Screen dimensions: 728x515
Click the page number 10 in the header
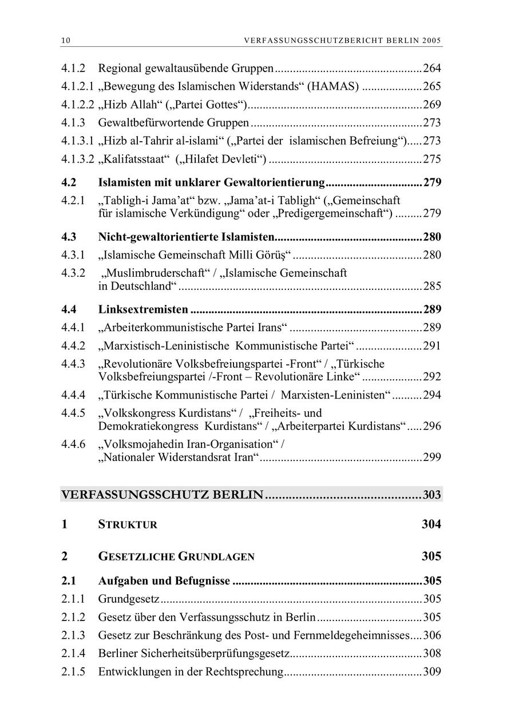[65, 41]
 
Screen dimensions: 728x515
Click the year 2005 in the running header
[433, 41]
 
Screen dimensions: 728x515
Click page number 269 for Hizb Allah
[432, 105]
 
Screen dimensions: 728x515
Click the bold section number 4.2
[69, 183]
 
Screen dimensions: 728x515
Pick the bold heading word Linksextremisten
[143, 309]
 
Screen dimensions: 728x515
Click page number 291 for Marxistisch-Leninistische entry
[432, 345]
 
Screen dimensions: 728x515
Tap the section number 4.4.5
[73, 413]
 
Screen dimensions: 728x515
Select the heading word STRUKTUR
[128, 525]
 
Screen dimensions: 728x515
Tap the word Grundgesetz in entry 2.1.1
[129, 599]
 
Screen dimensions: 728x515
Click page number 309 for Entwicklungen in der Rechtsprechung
[432, 671]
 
